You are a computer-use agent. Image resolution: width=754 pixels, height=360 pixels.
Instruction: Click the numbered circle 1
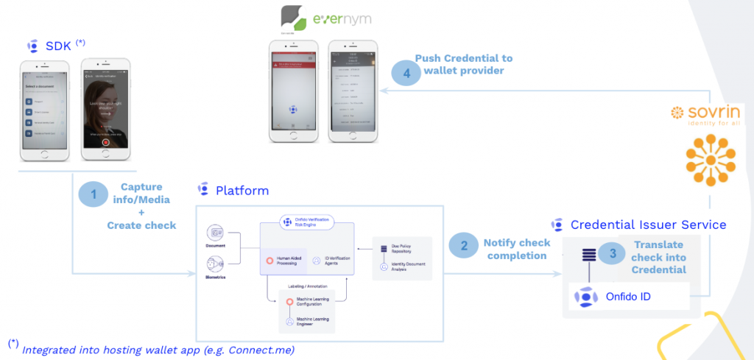(94, 194)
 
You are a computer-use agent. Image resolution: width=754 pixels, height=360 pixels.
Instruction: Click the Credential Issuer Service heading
(648, 225)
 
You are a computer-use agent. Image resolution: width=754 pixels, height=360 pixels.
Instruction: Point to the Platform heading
(242, 191)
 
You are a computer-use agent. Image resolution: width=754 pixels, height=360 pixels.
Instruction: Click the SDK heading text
(58, 46)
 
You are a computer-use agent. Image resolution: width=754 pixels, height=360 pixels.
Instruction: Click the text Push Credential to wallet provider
(464, 64)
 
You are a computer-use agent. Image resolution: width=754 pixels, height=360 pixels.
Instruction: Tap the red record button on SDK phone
(106, 143)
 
